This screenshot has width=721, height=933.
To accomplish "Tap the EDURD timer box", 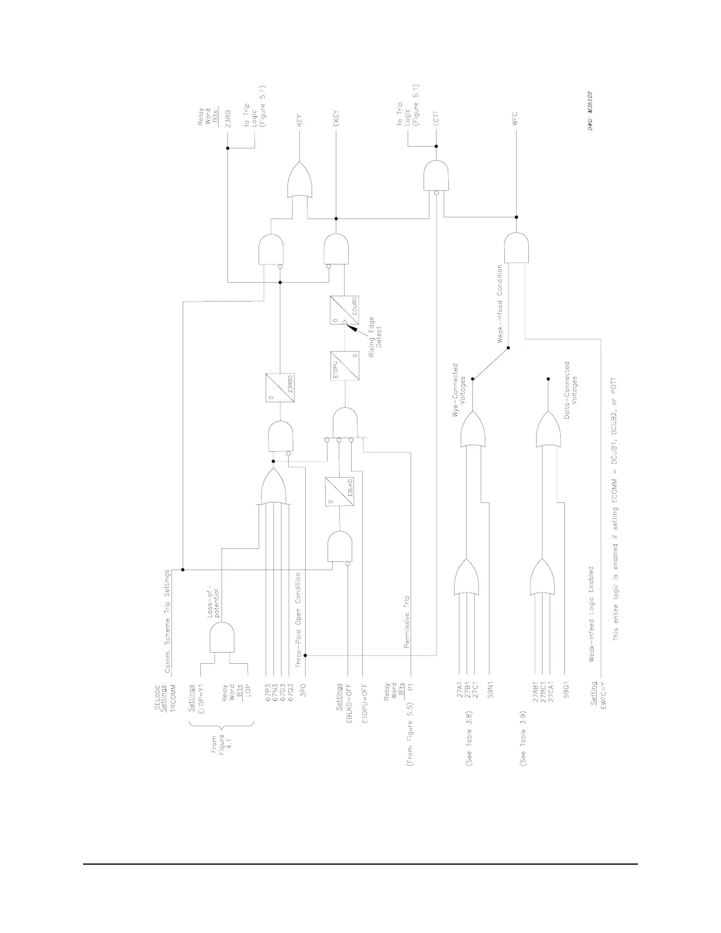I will (x=345, y=310).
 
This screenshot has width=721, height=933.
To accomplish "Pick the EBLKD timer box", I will (x=340, y=491).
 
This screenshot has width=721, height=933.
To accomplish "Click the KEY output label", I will (x=300, y=121).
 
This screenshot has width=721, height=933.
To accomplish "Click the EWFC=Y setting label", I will (x=602, y=697).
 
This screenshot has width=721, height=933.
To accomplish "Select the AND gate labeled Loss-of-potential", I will (x=222, y=638).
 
